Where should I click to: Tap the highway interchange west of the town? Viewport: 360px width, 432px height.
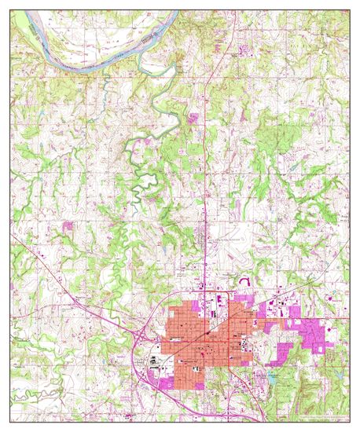(138, 336)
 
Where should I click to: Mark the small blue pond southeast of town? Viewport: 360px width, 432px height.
(271, 376)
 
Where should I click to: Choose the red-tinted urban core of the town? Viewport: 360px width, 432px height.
(200, 338)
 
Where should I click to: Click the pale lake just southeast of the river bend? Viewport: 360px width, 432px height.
(167, 71)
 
